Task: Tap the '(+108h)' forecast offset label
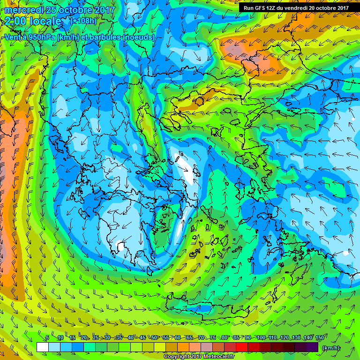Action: [84, 21]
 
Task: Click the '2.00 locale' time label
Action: [33, 21]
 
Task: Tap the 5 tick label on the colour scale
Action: [47, 338]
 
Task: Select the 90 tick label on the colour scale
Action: [247, 338]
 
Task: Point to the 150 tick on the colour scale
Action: [319, 338]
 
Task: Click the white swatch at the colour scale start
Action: [42, 347]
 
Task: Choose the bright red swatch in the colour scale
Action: [241, 347]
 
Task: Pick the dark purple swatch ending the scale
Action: [314, 347]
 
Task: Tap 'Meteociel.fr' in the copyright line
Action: [217, 357]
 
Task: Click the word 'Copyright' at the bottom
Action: [177, 357]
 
